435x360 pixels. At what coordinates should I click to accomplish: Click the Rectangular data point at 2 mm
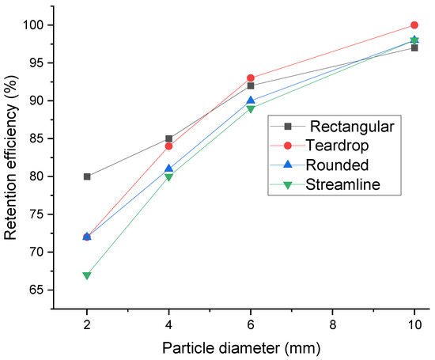(87, 176)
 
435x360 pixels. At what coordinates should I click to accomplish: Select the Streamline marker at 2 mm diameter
(87, 275)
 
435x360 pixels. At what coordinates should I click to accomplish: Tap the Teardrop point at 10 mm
(414, 25)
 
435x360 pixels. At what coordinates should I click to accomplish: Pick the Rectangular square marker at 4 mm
(168, 138)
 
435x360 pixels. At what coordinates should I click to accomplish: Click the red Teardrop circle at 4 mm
(168, 146)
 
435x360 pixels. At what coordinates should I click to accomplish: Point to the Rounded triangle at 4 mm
(168, 169)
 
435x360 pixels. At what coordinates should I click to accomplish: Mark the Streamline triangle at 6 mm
(251, 109)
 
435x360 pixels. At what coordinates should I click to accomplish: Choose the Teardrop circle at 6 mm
(251, 78)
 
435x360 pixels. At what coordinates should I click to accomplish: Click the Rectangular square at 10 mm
(414, 48)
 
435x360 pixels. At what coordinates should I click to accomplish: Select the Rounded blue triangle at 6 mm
(251, 100)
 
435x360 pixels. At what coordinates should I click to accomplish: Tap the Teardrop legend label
(337, 146)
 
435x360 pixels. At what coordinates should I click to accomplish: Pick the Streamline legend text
(343, 184)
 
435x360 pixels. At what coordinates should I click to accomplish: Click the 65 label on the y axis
(36, 290)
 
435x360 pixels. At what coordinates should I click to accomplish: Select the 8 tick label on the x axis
(332, 324)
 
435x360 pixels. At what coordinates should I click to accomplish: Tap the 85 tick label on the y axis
(36, 138)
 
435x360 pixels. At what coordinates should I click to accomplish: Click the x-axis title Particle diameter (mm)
(241, 348)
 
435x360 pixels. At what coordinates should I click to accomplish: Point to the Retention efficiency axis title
(11, 157)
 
